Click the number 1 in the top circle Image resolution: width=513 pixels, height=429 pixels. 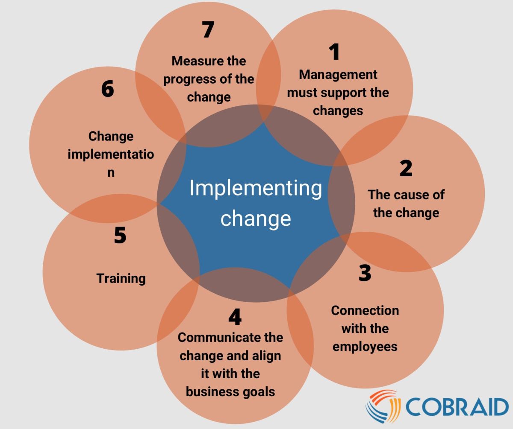tap(334, 52)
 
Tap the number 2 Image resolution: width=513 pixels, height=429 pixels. tap(406, 168)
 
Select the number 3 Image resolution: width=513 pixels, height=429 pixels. tap(365, 273)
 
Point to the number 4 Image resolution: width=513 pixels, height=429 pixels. tap(235, 317)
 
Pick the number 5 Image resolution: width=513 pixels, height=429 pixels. tap(120, 235)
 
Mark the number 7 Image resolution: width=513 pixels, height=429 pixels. tap(208, 30)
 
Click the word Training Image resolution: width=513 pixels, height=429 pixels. tap(121, 278)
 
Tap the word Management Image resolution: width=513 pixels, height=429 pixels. tap(338, 74)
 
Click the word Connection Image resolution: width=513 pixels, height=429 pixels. tap(365, 310)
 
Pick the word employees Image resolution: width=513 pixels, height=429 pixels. tap(365, 346)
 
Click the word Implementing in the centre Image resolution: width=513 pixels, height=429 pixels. tap(255, 188)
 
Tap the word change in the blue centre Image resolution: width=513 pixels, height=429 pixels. tap(255, 218)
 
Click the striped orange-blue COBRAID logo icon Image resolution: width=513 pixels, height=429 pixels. tap(381, 406)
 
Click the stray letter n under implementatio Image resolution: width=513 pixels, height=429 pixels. tap(111, 173)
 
